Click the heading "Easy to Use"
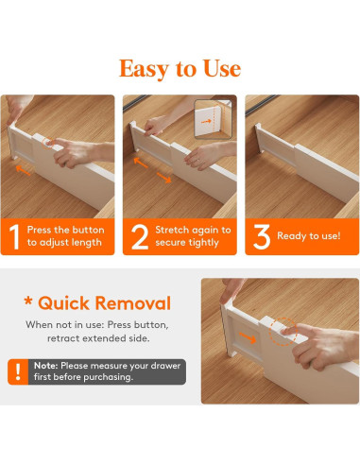click(180, 69)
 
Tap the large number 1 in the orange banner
click(14, 237)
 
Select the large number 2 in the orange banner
click(140, 237)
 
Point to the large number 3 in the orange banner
click(262, 237)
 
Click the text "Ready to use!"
click(309, 236)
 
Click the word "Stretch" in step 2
click(171, 230)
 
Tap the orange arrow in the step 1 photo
click(23, 170)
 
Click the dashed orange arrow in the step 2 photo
click(163, 178)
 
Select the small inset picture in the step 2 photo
click(214, 119)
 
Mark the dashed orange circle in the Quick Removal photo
click(283, 332)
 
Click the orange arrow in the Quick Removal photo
click(248, 337)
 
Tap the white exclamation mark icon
click(18, 371)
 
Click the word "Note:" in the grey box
click(45, 366)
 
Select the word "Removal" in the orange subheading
click(133, 303)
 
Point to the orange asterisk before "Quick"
click(28, 301)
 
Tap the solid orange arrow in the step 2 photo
click(141, 163)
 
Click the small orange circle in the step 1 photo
click(47, 144)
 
